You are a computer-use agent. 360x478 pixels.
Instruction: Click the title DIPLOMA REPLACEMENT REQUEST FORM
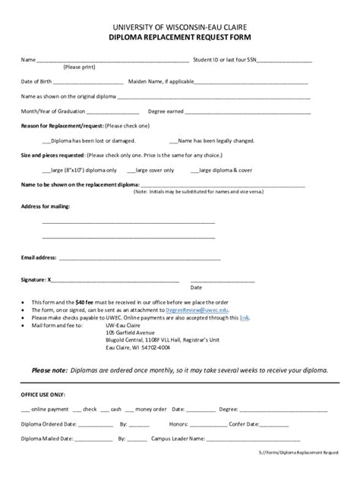179,36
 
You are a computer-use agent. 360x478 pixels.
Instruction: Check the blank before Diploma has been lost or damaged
46,141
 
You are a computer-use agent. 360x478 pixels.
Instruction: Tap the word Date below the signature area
196,288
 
